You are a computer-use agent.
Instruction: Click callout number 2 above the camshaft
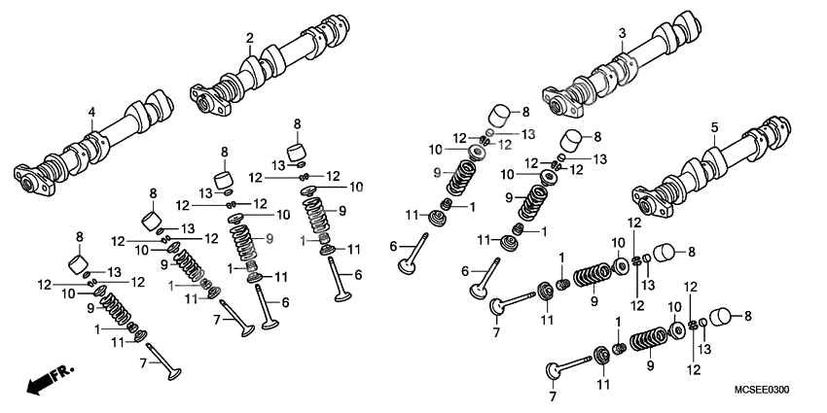tap(250, 38)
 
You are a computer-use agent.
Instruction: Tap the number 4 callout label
tap(91, 113)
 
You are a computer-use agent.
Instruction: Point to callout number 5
tap(713, 127)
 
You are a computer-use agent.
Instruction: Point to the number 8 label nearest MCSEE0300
tap(747, 316)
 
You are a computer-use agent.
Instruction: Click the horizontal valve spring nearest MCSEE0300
tap(650, 341)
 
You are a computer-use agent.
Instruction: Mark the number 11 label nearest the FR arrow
tap(117, 341)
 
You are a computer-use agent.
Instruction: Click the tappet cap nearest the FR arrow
tap(79, 263)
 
